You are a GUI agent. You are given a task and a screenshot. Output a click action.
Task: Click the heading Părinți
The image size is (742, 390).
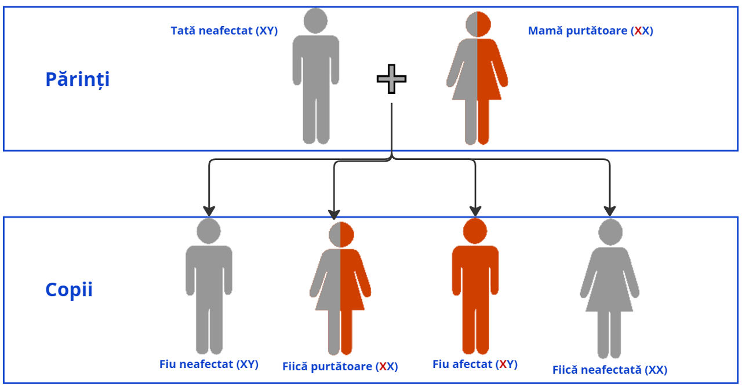(77, 79)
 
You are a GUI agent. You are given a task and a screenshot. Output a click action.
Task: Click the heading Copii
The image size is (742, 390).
(69, 290)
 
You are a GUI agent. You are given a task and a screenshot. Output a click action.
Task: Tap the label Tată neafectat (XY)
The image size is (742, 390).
(224, 31)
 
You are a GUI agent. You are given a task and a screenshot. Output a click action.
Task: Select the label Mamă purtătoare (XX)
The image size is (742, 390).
(590, 31)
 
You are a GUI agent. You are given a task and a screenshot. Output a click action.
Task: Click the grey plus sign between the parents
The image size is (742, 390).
(391, 79)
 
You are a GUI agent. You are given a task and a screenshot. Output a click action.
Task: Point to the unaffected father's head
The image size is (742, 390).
(315, 21)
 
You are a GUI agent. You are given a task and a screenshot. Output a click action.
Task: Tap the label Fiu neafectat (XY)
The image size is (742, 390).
(209, 365)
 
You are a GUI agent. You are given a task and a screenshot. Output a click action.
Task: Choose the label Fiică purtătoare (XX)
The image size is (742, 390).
(340, 367)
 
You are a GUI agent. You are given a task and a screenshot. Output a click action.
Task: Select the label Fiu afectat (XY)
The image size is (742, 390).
(475, 365)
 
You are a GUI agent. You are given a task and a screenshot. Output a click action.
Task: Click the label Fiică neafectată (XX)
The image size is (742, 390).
(609, 370)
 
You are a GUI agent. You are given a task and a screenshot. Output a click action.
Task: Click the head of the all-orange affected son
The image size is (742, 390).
(475, 231)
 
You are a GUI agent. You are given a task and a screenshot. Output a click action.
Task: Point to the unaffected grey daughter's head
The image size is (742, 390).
(610, 232)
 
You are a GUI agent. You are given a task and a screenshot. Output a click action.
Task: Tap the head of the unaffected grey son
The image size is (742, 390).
(209, 231)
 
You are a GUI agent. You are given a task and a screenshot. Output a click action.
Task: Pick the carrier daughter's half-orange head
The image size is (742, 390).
(341, 234)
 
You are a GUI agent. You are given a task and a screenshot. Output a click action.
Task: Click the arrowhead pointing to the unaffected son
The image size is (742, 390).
(209, 211)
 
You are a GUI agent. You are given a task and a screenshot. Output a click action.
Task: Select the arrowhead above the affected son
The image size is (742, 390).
(475, 211)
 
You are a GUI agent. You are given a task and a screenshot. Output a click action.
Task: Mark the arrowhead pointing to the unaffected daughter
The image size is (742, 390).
(609, 211)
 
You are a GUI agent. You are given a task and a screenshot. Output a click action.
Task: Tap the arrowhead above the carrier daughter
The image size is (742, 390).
(334, 213)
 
